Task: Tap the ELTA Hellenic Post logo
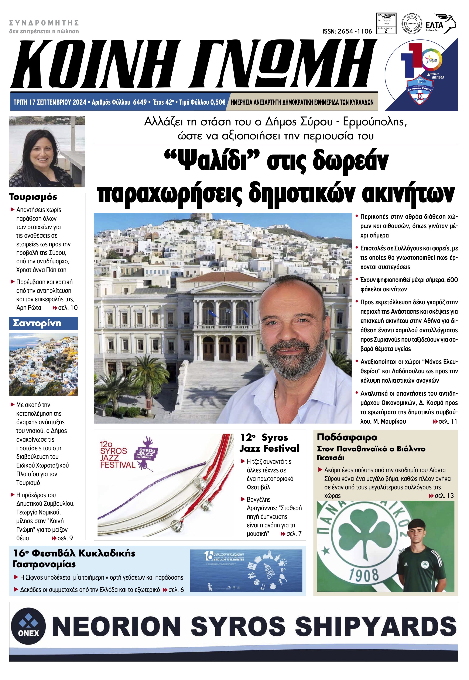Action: pos(441,24)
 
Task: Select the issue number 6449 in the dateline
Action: pos(140,102)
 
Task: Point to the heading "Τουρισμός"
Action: pos(33,197)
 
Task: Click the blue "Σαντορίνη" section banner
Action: pos(44,323)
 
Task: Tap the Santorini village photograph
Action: pos(44,364)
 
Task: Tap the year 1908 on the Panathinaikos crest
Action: pos(363,574)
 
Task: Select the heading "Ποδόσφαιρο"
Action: pos(347,437)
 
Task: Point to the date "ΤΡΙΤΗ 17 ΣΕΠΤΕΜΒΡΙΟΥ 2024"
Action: pos(50,102)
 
